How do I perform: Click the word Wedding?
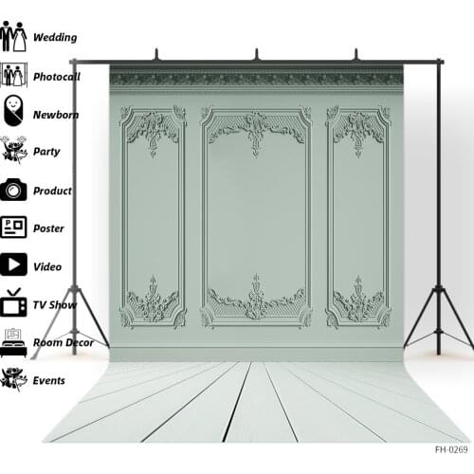[x=55, y=37]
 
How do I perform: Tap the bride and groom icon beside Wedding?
[x=13, y=36]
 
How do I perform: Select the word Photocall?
[x=57, y=77]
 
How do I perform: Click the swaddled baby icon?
[x=13, y=111]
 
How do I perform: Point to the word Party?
[x=46, y=152]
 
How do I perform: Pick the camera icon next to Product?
[x=13, y=190]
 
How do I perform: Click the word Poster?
[x=48, y=228]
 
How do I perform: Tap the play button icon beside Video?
[x=13, y=264]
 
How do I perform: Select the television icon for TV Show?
[x=13, y=302]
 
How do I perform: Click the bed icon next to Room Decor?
[x=13, y=343]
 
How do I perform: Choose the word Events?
[x=49, y=380]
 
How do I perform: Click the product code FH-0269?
[x=451, y=449]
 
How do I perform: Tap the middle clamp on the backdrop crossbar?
[x=257, y=55]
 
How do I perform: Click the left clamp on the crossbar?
[x=156, y=55]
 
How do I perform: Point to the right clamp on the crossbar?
[x=356, y=55]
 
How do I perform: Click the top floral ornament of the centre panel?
[x=256, y=132]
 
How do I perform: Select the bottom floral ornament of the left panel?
[x=154, y=301]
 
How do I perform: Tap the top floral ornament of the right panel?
[x=358, y=133]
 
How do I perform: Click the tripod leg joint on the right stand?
[x=439, y=288]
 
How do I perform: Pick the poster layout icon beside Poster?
[x=13, y=227]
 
